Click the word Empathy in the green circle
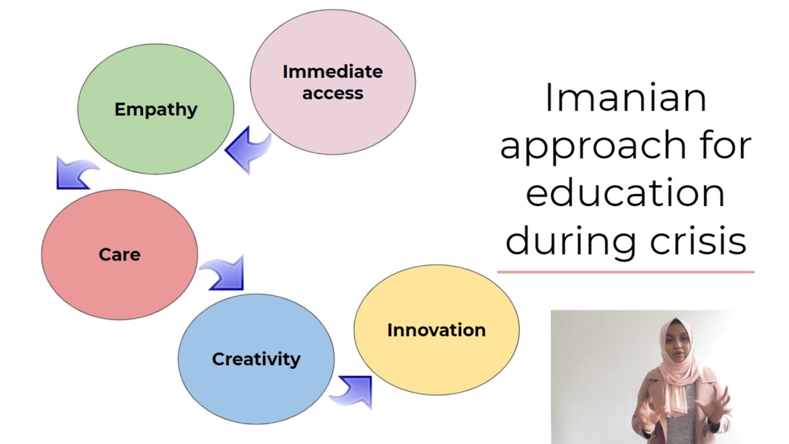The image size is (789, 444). click(x=156, y=110)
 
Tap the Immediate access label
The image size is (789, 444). click(x=332, y=83)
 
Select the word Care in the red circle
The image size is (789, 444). click(x=120, y=255)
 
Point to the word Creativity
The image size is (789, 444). click(x=256, y=359)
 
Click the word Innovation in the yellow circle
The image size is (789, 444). click(x=436, y=330)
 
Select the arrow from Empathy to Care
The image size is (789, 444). click(x=75, y=173)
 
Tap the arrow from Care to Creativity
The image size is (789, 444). click(x=224, y=273)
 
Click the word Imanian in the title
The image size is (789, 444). click(x=625, y=99)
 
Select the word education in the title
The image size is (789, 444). click(x=625, y=193)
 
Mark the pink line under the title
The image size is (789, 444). click(x=625, y=271)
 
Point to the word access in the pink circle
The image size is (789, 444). click(x=332, y=94)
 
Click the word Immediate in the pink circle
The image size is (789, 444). click(x=332, y=72)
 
